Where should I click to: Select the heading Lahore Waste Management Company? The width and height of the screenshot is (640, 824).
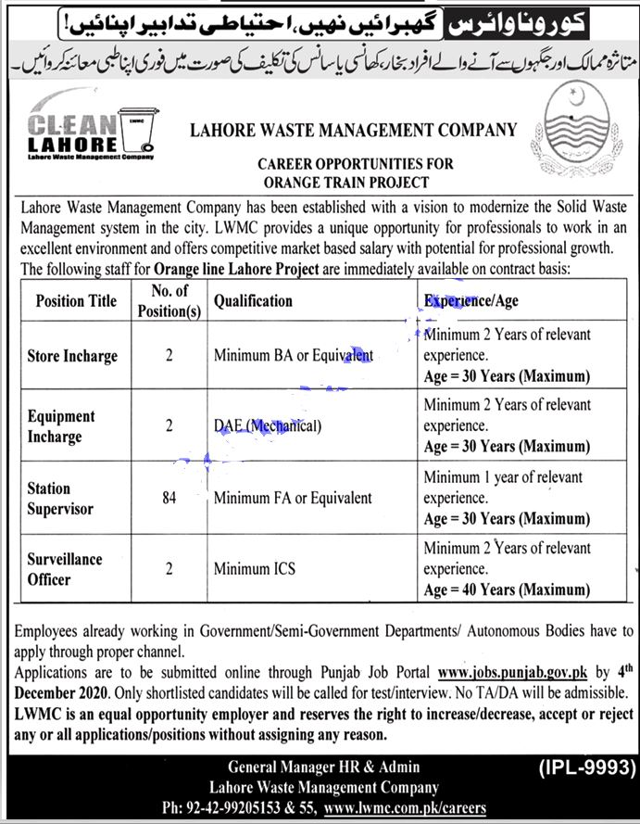coord(353,131)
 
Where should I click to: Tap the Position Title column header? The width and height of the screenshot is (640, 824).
coord(76,300)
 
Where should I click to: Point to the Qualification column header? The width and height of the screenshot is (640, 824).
coord(253,300)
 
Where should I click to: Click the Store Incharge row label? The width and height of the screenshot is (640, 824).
coord(72,355)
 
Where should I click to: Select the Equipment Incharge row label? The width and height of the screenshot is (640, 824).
coord(61,426)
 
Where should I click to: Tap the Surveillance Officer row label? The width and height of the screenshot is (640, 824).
coord(65,569)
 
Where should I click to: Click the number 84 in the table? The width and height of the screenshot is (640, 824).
coord(169,498)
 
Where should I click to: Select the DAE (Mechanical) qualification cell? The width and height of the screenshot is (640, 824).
coord(268,426)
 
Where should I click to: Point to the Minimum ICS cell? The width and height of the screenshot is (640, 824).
coord(254,569)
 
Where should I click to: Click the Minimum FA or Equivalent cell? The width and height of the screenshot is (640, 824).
coord(293,498)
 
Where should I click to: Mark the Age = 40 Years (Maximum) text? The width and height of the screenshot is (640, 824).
coord(507,589)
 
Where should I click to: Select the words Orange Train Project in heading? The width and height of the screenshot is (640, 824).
coord(355,183)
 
